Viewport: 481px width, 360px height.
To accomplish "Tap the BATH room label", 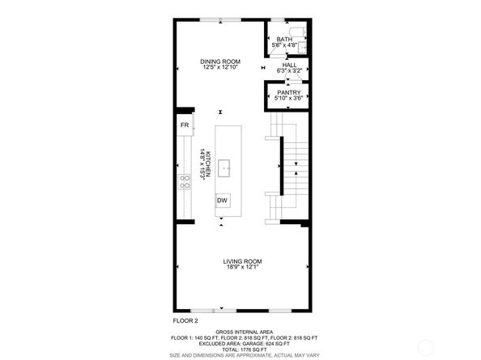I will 283,39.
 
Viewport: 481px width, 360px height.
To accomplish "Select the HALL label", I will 290,65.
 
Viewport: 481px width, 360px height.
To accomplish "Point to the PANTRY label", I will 289,92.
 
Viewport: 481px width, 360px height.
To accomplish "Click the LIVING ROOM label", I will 242,260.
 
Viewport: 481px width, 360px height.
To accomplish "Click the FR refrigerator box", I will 185,125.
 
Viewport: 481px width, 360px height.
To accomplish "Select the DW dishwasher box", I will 221,200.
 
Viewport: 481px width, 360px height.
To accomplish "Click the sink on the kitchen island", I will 224,168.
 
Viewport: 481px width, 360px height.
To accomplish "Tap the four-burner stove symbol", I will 185,181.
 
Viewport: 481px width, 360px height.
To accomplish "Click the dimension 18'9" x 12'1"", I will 242,267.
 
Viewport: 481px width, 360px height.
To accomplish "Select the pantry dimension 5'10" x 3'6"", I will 289,99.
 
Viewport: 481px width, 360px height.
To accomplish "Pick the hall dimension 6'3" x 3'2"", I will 290,71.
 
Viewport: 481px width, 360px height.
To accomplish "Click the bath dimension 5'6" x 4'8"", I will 283,45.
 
